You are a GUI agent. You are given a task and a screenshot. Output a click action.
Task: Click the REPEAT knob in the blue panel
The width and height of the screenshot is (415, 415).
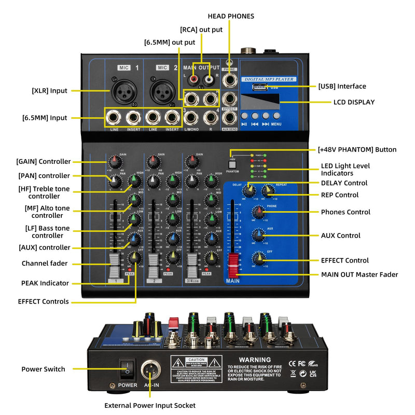tap(268, 191)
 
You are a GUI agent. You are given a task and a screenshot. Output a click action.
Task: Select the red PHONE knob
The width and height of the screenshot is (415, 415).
tap(258, 212)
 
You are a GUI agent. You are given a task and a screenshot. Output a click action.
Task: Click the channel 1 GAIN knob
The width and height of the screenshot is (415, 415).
tap(115, 161)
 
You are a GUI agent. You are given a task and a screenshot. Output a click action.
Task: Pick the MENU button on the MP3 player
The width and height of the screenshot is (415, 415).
tap(275, 116)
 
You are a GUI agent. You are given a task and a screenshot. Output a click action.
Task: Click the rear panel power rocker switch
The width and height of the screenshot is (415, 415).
tap(127, 369)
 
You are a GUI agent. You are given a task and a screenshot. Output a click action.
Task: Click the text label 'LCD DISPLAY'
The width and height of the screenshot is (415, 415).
tap(354, 102)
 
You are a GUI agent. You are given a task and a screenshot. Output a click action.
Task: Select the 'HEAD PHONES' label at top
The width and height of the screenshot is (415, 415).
tap(231, 16)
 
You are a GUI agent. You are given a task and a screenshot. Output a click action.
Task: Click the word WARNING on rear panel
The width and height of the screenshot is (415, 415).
tap(254, 359)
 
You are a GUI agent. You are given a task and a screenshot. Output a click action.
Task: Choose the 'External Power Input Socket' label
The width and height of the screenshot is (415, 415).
tap(150, 405)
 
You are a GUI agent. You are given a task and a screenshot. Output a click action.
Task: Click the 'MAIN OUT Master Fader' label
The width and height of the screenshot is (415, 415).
tap(359, 274)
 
